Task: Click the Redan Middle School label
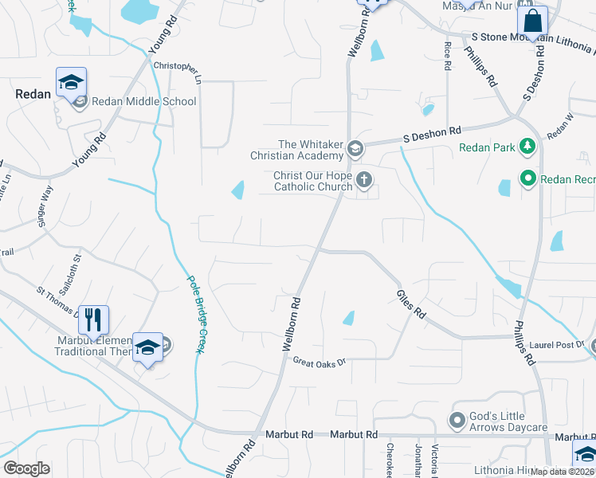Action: pyautogui.click(x=144, y=101)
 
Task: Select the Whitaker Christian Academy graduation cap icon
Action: pyautogui.click(x=355, y=147)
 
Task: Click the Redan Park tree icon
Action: pyautogui.click(x=526, y=147)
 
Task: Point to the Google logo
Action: pyautogui.click(x=26, y=468)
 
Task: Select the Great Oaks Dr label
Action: pyautogui.click(x=319, y=363)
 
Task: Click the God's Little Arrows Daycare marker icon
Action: pyautogui.click(x=457, y=419)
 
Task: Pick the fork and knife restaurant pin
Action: pyautogui.click(x=94, y=320)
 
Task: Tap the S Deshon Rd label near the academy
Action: pyautogui.click(x=432, y=134)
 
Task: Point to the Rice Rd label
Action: pyautogui.click(x=447, y=57)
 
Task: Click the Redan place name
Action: pyautogui.click(x=33, y=94)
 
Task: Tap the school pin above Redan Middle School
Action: pyautogui.click(x=71, y=82)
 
